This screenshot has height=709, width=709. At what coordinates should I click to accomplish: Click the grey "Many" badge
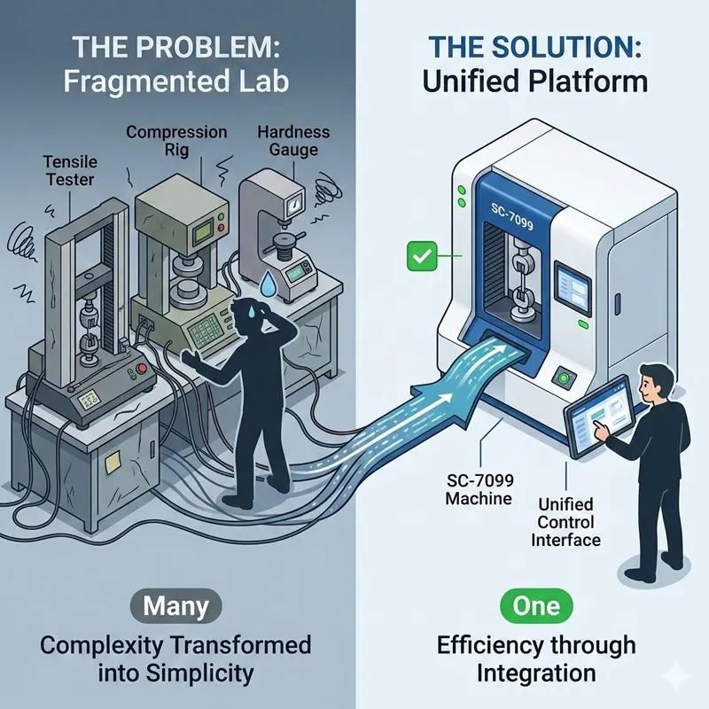(x=176, y=606)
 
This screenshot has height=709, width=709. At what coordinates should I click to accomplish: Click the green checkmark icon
(x=417, y=258)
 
